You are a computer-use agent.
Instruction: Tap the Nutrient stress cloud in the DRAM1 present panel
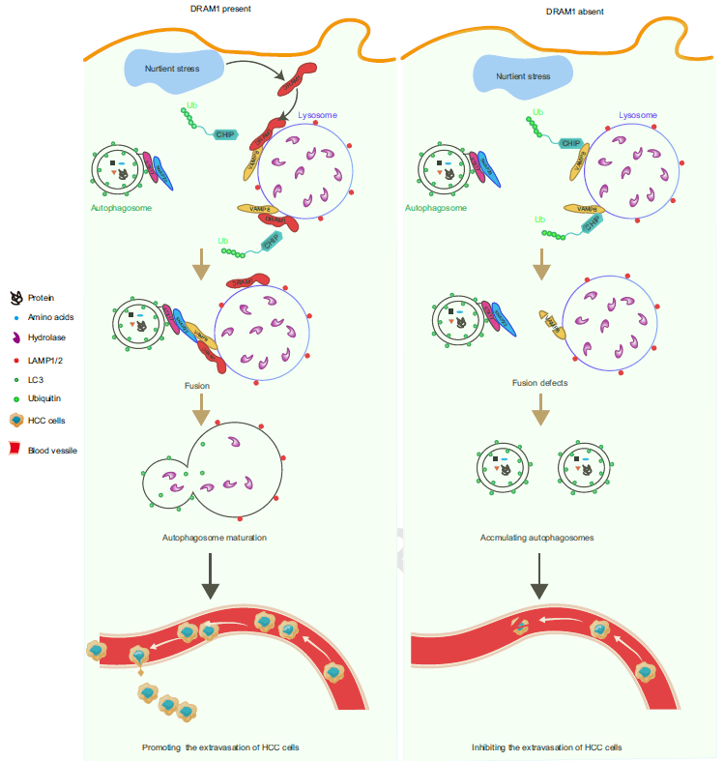(174, 70)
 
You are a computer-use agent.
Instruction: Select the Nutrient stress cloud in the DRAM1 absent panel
(523, 75)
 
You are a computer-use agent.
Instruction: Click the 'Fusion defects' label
(540, 383)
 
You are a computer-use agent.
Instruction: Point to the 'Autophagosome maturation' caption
(215, 537)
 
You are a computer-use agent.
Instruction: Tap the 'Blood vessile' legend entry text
(52, 450)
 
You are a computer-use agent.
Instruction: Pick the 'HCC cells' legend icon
(16, 420)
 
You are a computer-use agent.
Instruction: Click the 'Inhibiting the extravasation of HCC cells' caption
(546, 747)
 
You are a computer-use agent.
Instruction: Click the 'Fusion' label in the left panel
(197, 385)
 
